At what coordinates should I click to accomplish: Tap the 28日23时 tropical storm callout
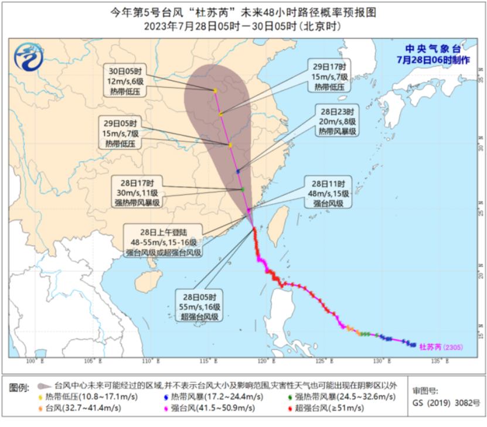tap(338, 121)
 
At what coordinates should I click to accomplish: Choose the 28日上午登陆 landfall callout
tap(164, 240)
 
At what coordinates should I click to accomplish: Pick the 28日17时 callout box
tap(138, 192)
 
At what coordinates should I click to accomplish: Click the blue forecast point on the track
tap(238, 171)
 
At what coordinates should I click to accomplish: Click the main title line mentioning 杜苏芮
tap(243, 12)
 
